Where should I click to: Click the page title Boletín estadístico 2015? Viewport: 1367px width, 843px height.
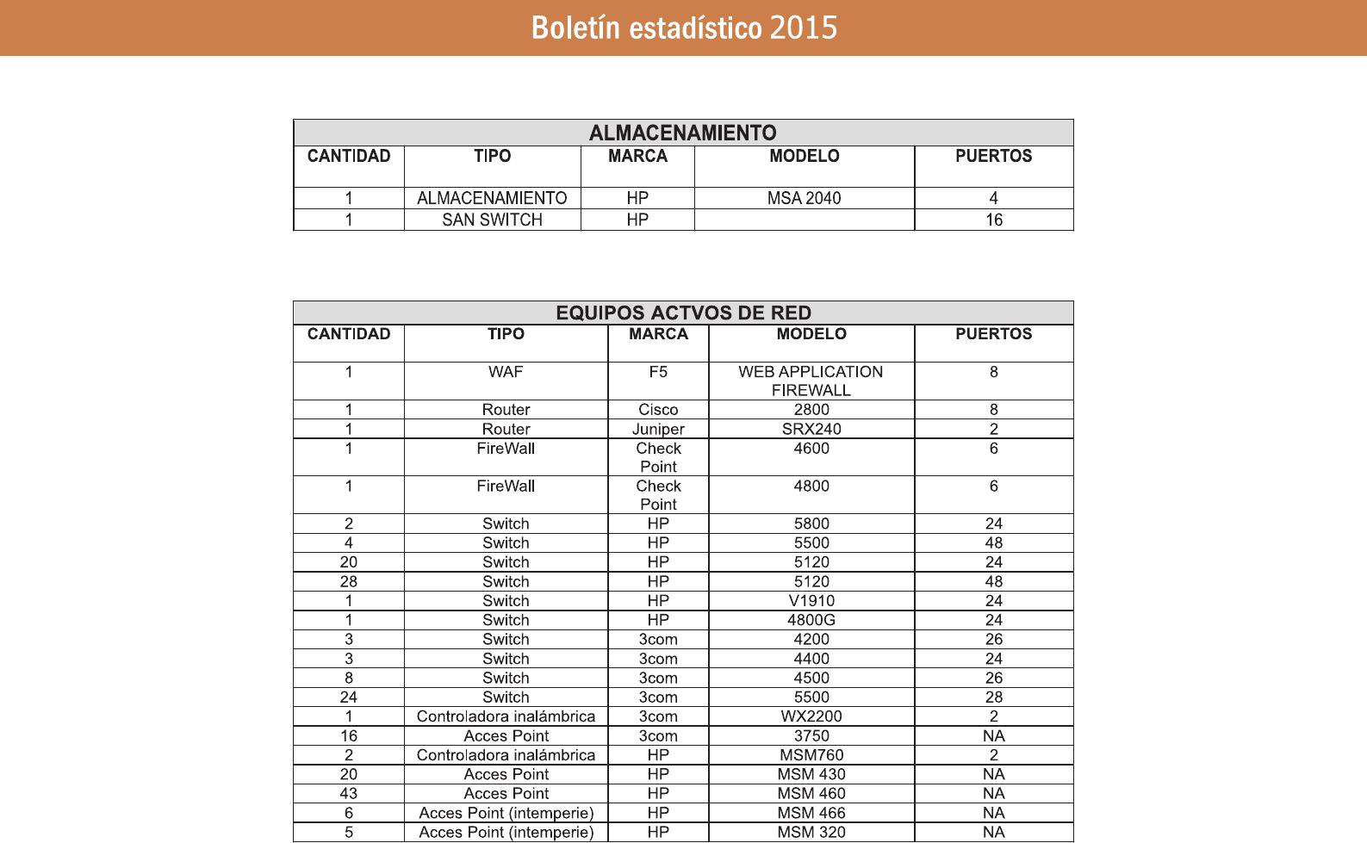point(684,28)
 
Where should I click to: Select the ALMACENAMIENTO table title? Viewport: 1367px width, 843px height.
point(682,133)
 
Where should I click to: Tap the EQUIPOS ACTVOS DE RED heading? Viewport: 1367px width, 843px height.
point(683,313)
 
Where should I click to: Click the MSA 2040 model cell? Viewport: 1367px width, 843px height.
point(804,198)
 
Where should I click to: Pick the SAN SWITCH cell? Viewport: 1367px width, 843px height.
point(492,220)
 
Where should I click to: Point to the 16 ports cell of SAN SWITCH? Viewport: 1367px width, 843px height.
point(993,220)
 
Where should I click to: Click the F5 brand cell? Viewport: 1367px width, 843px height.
point(658,372)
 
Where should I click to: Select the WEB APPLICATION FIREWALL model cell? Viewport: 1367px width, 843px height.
point(811,381)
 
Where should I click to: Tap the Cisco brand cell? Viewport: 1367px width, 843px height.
point(658,410)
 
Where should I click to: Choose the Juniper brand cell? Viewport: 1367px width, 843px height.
point(658,429)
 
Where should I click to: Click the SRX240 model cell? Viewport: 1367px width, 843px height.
point(811,429)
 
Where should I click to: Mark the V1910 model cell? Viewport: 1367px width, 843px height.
point(811,601)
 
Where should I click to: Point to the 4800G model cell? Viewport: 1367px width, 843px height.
point(811,620)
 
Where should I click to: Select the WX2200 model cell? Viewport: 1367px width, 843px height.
point(811,716)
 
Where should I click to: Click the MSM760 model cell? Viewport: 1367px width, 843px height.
point(811,755)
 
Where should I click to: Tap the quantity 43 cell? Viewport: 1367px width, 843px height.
point(348,794)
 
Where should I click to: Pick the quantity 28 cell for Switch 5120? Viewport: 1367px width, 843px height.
point(348,581)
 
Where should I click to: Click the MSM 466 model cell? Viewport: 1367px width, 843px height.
point(811,813)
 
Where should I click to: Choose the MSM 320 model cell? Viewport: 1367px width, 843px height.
point(811,832)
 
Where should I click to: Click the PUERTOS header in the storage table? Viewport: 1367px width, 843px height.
point(993,156)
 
